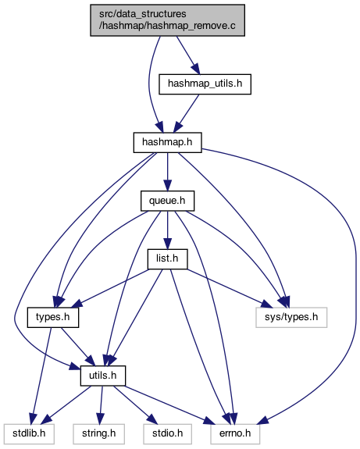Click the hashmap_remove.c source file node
(168, 20)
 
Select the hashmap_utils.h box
(205, 84)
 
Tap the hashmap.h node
(168, 142)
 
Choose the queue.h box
(168, 201)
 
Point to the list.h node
(168, 259)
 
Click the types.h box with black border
(53, 317)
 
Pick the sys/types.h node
(291, 317)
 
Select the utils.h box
(103, 376)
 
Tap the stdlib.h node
(29, 434)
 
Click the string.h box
(99, 434)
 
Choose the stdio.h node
(168, 434)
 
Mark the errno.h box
(235, 434)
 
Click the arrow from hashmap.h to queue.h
(168, 172)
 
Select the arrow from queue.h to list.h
(168, 230)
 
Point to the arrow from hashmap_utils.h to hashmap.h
(186, 113)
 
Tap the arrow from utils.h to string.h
(101, 405)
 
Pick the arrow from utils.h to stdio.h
(135, 405)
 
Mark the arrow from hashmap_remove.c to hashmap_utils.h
(188, 55)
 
